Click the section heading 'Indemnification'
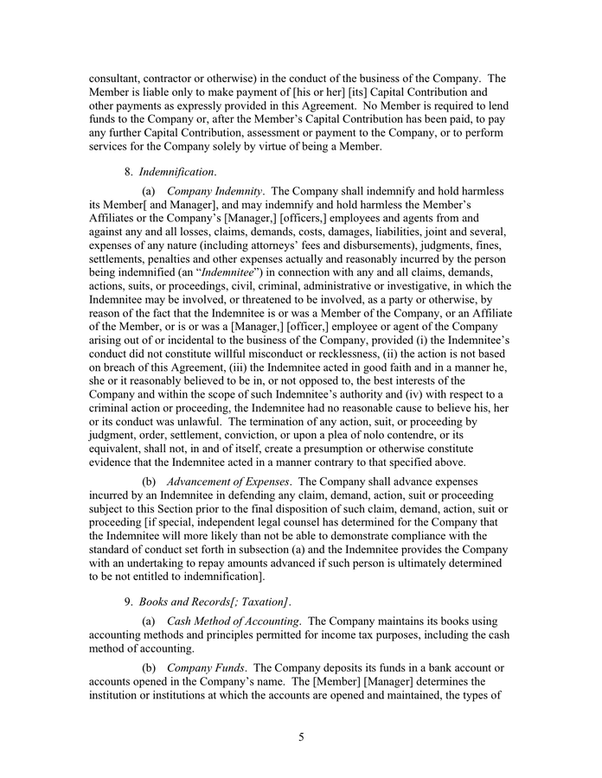pos(176,172)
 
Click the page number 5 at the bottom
pos(301,737)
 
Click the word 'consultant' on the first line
pos(118,78)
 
